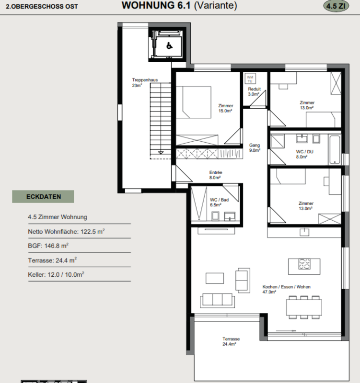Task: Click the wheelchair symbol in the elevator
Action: [169, 45]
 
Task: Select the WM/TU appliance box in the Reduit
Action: [250, 79]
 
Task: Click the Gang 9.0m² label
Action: [255, 148]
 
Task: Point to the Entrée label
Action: [215, 172]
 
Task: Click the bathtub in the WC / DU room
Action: [335, 149]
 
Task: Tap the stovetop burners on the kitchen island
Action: [304, 264]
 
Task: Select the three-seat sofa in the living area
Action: [218, 300]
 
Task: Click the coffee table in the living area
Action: [215, 278]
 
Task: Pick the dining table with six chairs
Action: [304, 307]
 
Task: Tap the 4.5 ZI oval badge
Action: [336, 6]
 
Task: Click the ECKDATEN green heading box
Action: [43, 197]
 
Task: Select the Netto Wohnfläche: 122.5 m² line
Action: [66, 231]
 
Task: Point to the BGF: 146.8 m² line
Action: [48, 246]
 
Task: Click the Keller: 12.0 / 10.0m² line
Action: [56, 274]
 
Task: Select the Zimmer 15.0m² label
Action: [225, 108]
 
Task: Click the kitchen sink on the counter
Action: [304, 232]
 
